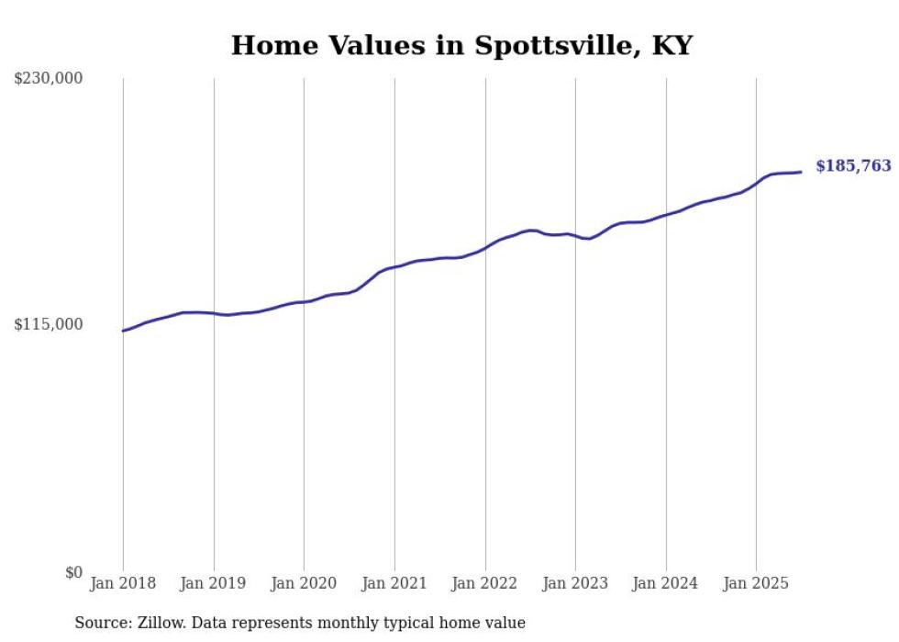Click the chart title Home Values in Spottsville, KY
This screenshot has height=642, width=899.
[x=461, y=45]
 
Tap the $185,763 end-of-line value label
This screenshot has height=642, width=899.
[x=853, y=166]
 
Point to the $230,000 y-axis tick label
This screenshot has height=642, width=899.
[x=49, y=79]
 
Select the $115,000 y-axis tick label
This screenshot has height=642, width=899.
[x=49, y=324]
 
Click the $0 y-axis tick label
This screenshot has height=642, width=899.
[x=73, y=572]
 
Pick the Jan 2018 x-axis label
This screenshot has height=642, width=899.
[x=123, y=583]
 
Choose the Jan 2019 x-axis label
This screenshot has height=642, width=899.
[x=214, y=583]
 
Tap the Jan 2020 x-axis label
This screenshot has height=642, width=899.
[x=304, y=583]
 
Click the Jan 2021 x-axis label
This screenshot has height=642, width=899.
[x=394, y=583]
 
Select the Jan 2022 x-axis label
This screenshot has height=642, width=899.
[x=485, y=583]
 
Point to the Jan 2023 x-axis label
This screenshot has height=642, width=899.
[x=575, y=583]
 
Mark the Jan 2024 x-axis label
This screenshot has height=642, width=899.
[x=666, y=583]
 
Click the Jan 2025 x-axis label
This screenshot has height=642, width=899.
[x=756, y=583]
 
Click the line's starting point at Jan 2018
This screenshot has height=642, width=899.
[x=123, y=331]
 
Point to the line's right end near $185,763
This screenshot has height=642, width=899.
[x=801, y=172]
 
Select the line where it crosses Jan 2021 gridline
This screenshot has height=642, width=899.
[x=394, y=267]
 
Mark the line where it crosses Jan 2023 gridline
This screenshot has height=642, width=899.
[x=575, y=236]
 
